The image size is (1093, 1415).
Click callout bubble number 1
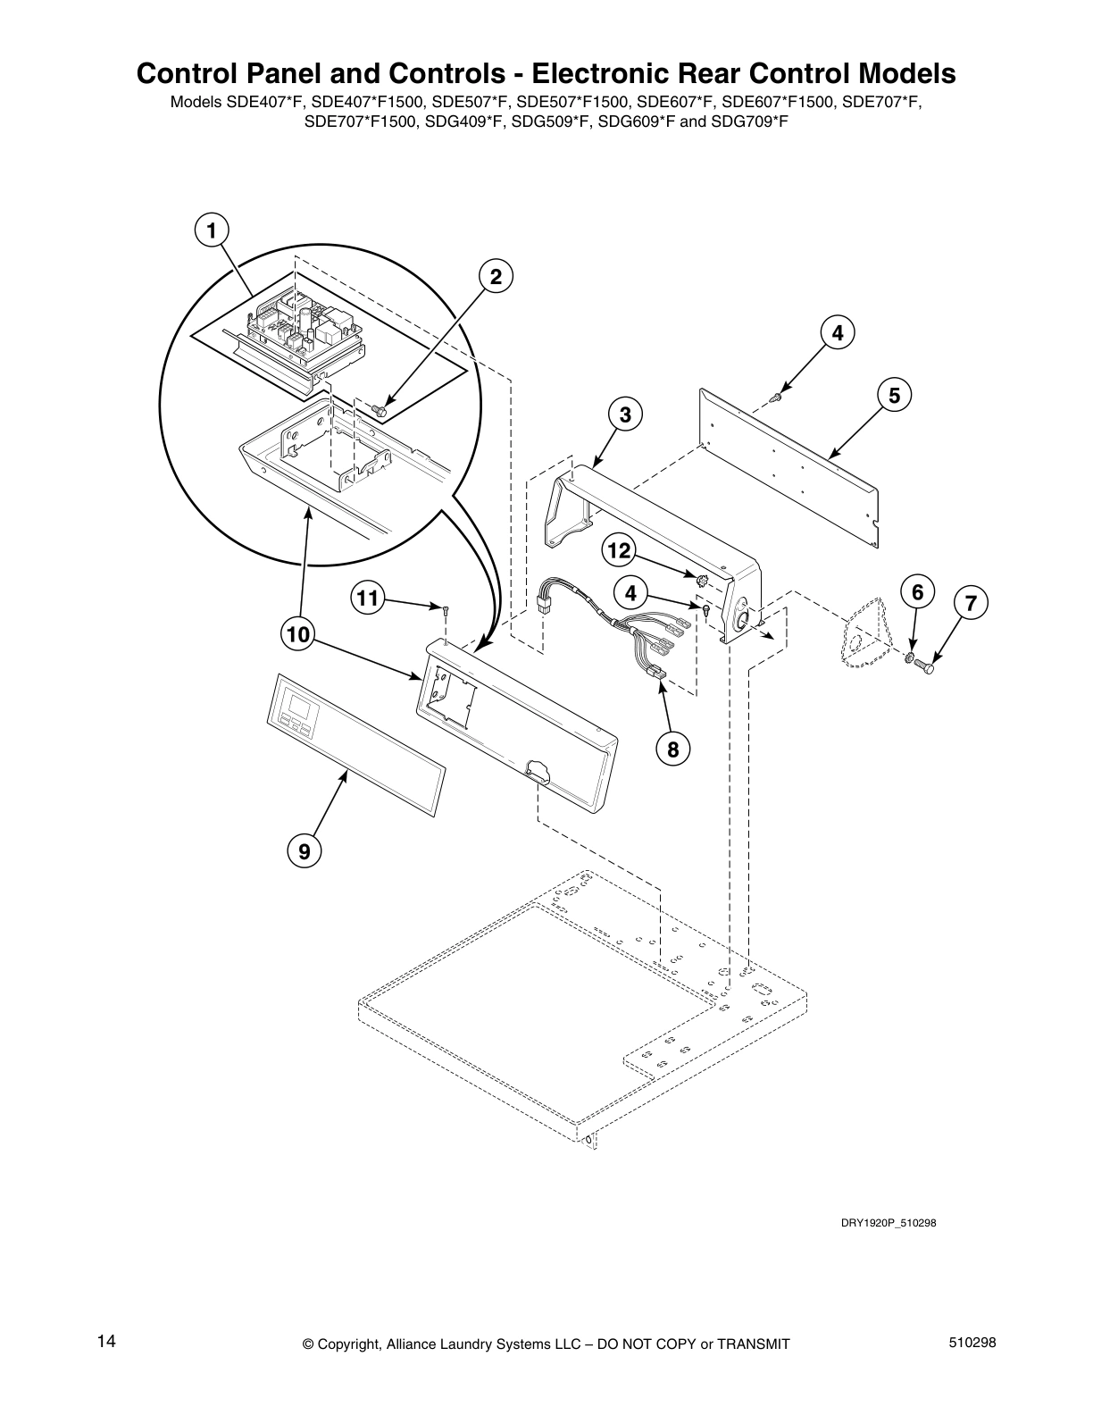(212, 231)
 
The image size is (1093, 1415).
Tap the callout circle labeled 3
(625, 414)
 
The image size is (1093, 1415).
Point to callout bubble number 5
(894, 394)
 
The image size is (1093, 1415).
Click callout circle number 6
(917, 591)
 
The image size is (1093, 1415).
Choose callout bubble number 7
(971, 604)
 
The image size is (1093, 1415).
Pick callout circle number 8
(672, 749)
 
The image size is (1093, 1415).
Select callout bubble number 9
(305, 851)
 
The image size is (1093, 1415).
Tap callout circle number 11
(367, 598)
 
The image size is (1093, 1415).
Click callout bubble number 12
(618, 551)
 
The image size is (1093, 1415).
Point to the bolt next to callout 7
(926, 667)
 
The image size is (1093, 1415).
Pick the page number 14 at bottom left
(106, 1342)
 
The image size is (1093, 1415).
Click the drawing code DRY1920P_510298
(889, 1223)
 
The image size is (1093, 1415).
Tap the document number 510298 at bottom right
(972, 1343)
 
